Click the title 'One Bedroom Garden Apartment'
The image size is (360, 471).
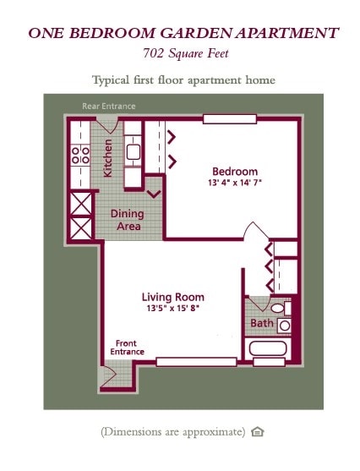click(183, 34)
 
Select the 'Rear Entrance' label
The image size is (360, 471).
click(108, 107)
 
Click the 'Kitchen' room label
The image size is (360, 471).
click(107, 158)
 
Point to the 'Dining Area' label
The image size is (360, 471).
click(128, 220)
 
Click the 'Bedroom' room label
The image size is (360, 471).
click(234, 169)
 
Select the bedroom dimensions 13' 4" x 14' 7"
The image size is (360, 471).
click(234, 183)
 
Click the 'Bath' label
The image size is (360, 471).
click(261, 323)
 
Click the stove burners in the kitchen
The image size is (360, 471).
click(80, 154)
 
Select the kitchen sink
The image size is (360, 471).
click(134, 153)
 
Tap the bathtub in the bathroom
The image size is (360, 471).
click(269, 348)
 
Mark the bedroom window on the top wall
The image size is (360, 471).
click(229, 119)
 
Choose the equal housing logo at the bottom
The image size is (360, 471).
click(258, 432)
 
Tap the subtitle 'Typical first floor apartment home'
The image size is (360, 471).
click(183, 80)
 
